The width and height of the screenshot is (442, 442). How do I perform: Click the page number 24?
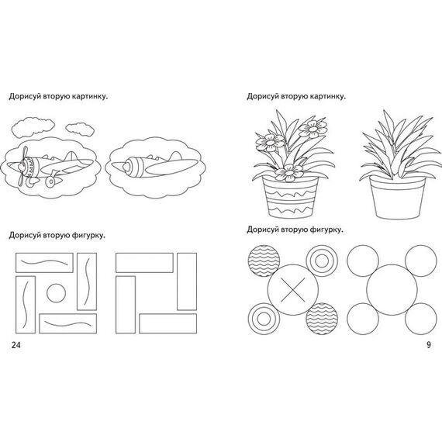16,345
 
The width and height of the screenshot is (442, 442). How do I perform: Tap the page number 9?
429,345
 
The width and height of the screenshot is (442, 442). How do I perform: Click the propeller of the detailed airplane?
22,166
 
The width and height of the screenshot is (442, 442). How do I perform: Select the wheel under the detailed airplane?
50,181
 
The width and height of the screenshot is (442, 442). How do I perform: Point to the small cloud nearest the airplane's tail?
80,129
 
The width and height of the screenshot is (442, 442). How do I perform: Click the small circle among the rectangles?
57,293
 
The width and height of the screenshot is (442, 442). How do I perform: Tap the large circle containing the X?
293,289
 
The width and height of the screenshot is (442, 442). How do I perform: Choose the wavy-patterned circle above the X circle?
264,261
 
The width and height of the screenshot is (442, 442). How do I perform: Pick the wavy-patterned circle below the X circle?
322,319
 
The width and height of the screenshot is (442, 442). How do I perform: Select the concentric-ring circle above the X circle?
322,261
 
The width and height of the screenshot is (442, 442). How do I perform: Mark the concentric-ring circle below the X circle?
264,319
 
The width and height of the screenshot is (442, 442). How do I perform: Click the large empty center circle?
392,289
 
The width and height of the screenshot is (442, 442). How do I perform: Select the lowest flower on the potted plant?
289,172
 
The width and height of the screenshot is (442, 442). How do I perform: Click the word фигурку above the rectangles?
88,235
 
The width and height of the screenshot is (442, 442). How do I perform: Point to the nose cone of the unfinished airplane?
126,167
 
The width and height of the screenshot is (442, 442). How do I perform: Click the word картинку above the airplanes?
90,96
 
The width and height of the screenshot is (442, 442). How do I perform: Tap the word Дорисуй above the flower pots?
263,96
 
